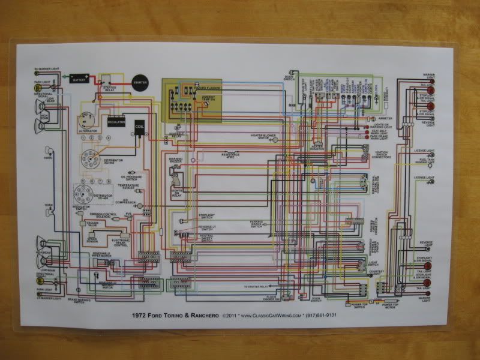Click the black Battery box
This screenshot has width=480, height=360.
coord(79,78)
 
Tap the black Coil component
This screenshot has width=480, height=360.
coord(139,127)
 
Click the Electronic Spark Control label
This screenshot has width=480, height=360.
coord(121,244)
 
